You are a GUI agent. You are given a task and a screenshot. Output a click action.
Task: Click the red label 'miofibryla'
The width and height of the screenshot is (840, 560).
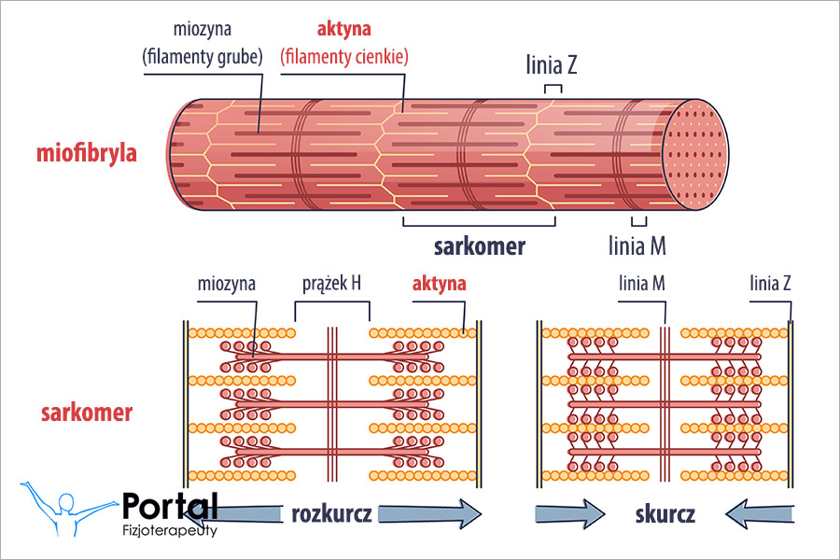[86, 153]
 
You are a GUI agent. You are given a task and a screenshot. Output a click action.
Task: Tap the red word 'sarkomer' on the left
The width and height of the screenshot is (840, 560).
[86, 412]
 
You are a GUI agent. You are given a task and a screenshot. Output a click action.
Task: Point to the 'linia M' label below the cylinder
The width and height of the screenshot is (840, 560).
[637, 246]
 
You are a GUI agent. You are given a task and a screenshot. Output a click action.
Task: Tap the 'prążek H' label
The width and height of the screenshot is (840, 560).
[331, 283]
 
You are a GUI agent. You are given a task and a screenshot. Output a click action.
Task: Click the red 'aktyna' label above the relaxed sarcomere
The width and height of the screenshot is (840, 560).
[439, 283]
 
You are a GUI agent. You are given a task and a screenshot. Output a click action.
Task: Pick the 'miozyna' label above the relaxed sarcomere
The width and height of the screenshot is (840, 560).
[225, 283]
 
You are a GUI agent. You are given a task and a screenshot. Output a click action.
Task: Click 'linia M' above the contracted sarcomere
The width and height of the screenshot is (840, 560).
[641, 283]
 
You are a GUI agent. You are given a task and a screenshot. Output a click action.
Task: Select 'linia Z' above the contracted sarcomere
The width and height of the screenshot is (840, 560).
[771, 283]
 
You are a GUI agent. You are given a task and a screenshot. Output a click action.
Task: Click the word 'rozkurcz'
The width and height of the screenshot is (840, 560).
[331, 514]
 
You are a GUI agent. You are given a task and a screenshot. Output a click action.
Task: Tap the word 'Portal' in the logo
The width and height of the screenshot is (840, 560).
[170, 507]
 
